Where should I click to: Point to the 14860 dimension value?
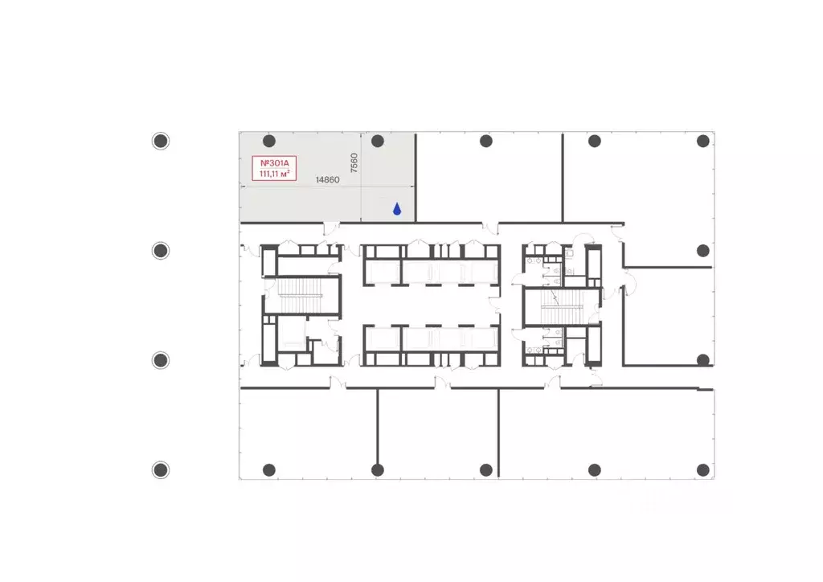[328, 181]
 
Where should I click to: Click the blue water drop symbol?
[397, 209]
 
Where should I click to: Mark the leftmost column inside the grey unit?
[269, 141]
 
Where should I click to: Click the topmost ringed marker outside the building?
[161, 141]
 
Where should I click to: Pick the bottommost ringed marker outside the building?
[161, 469]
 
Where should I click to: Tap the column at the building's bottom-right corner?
[703, 469]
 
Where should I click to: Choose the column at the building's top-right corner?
[703, 141]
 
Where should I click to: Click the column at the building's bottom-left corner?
[269, 469]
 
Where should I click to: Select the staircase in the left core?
[301, 295]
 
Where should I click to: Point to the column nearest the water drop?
[378, 141]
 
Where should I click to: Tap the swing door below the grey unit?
[330, 229]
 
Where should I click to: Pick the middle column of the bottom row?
[486, 469]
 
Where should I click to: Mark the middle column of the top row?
[486, 141]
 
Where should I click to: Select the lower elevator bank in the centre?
[431, 344]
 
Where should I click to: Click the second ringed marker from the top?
[161, 251]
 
